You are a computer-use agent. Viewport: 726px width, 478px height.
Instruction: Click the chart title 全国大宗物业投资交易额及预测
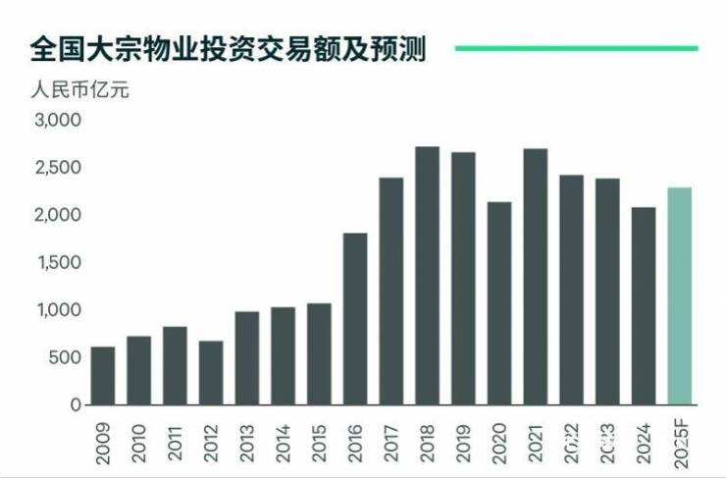pyautogui.click(x=227, y=49)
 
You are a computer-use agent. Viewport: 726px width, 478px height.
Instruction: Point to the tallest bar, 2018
pyautogui.click(x=427, y=276)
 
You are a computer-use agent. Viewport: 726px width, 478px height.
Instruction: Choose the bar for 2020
pyautogui.click(x=499, y=303)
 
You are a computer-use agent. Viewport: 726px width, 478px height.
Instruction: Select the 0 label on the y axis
pyautogui.click(x=74, y=404)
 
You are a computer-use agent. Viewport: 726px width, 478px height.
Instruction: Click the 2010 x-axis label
pyautogui.click(x=139, y=438)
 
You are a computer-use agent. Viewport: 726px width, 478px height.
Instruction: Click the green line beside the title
pyautogui.click(x=575, y=47)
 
